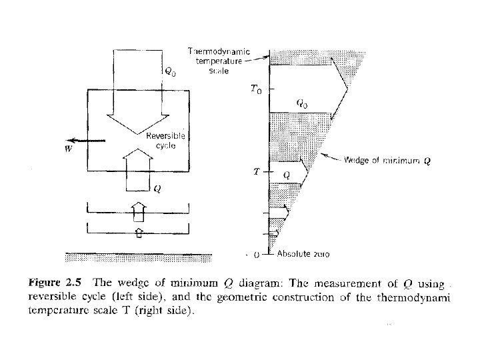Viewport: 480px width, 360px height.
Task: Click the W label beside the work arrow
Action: [68, 149]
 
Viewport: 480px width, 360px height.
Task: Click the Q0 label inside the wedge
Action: [303, 103]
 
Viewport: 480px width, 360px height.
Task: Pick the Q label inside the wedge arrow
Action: [286, 174]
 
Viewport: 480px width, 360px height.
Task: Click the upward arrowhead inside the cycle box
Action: [138, 159]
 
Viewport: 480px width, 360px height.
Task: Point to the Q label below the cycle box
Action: [156, 189]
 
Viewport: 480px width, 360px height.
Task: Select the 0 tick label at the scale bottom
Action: [257, 255]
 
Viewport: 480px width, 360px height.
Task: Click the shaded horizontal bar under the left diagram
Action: [139, 257]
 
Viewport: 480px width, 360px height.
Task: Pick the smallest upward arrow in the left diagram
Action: [138, 232]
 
